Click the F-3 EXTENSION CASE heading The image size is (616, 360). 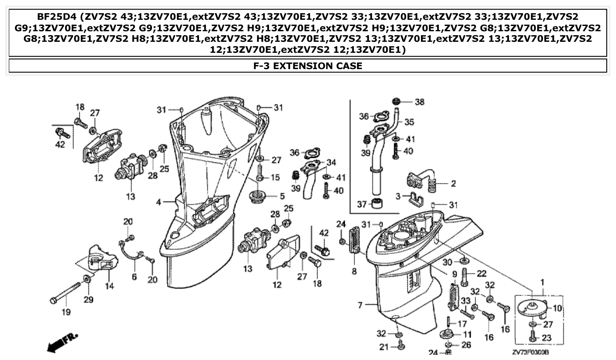(x=308, y=66)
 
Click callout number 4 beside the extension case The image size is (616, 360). (x=158, y=202)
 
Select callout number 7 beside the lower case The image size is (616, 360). (x=360, y=305)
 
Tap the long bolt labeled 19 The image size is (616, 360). (x=66, y=293)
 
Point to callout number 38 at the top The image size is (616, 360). (x=419, y=102)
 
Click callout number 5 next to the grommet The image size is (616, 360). (x=282, y=195)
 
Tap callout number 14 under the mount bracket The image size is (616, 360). (x=109, y=286)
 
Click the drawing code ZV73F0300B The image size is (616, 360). (x=533, y=353)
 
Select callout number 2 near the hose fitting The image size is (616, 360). (x=453, y=184)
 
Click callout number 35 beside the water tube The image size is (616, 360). (x=409, y=122)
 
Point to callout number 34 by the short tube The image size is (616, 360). (x=331, y=162)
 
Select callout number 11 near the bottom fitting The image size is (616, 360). (x=467, y=334)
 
